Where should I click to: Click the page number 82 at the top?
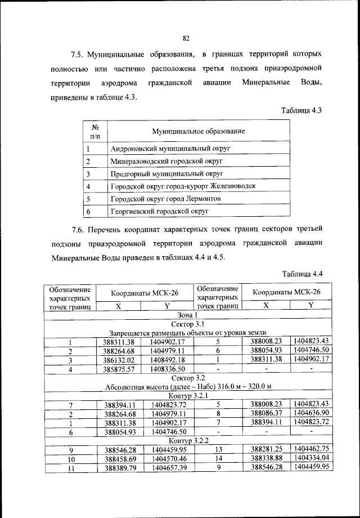click(186, 38)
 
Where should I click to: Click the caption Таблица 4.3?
click(301, 110)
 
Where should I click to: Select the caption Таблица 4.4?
click(301, 274)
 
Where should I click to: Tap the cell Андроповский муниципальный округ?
click(171, 148)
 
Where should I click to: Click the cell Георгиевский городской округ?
click(160, 211)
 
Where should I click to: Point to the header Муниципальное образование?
click(198, 131)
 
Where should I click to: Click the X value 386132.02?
click(119, 360)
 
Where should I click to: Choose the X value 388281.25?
click(266, 449)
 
